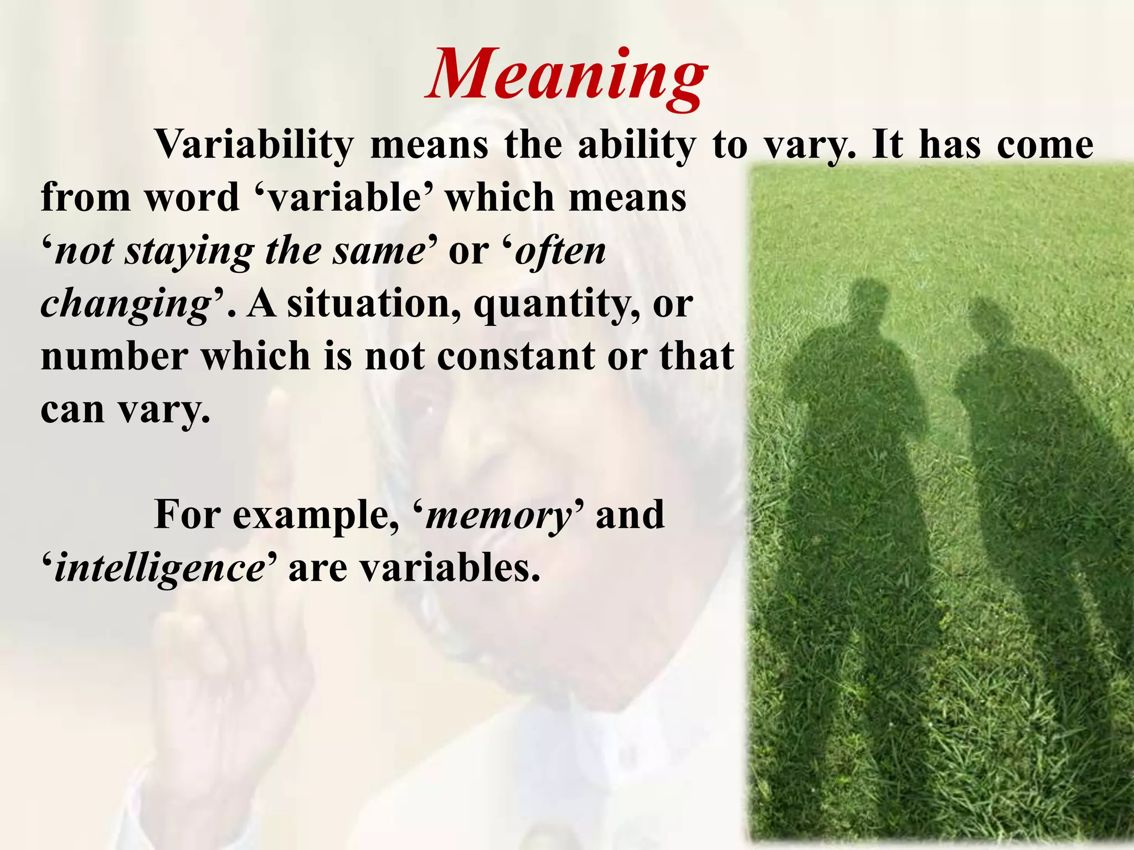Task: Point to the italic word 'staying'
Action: coord(189,252)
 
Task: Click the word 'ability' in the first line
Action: coord(636,145)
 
